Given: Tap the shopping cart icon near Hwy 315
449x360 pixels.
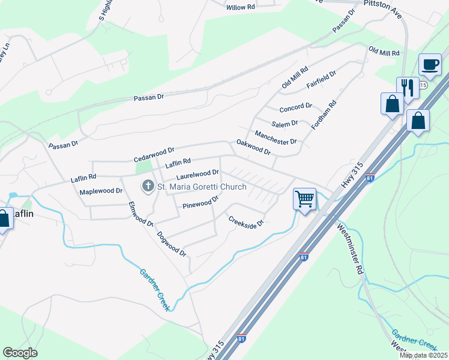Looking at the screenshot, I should (x=304, y=197).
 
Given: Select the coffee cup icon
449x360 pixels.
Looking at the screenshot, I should (x=429, y=64).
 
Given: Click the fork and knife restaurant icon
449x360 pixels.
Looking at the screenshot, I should (x=408, y=88).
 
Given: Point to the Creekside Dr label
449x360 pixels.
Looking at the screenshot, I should (x=246, y=221).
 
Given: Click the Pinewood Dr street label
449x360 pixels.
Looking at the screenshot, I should (x=200, y=204).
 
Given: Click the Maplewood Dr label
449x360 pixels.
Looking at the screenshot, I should (x=101, y=191).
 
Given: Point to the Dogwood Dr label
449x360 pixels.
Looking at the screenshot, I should (x=172, y=244).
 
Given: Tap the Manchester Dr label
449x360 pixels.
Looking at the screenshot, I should (x=276, y=137).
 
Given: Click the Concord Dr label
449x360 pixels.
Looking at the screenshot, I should (x=295, y=107).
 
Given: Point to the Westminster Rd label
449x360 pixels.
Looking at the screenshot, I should (x=351, y=248).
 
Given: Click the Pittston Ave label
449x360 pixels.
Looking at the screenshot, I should (x=382, y=10).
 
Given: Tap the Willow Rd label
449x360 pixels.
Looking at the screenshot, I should (x=241, y=7).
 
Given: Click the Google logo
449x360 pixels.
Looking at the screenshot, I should (x=20, y=353).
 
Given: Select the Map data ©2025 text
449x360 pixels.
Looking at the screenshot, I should (x=423, y=355).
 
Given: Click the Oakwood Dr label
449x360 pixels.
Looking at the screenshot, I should (x=253, y=147).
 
